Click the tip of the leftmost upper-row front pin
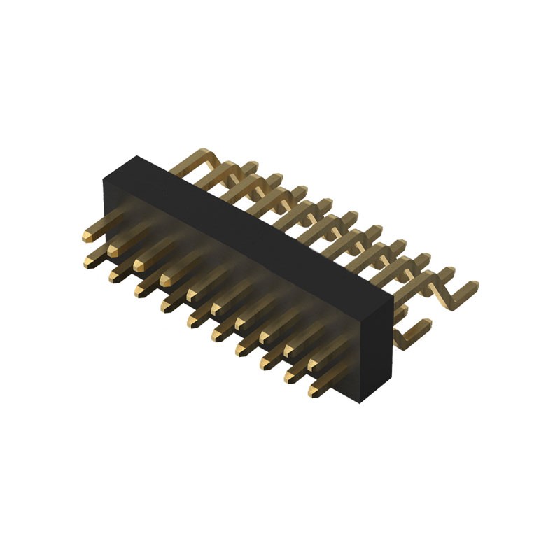click(x=87, y=235)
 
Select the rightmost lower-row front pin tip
click(x=313, y=392)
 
